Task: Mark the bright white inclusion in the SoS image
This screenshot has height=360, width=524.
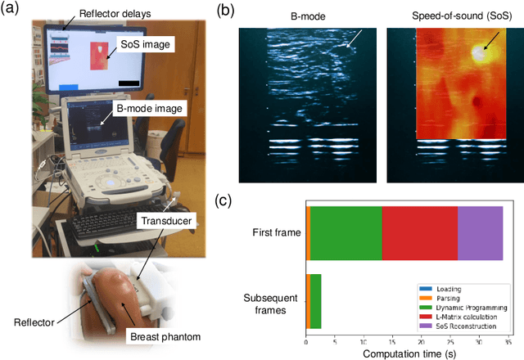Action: pyautogui.click(x=478, y=52)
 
